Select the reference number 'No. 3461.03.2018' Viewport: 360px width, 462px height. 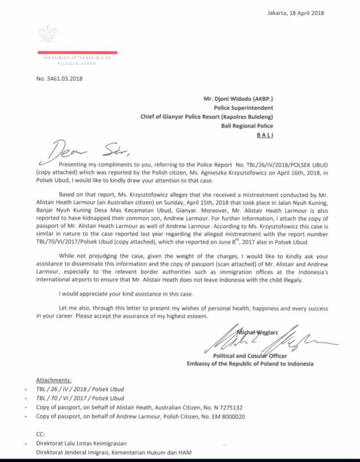[x=59, y=79]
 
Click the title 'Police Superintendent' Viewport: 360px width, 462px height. [x=244, y=108]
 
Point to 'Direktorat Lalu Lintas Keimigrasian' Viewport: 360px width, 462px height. [x=82, y=444]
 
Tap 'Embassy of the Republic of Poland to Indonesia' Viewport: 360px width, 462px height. [x=250, y=364]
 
